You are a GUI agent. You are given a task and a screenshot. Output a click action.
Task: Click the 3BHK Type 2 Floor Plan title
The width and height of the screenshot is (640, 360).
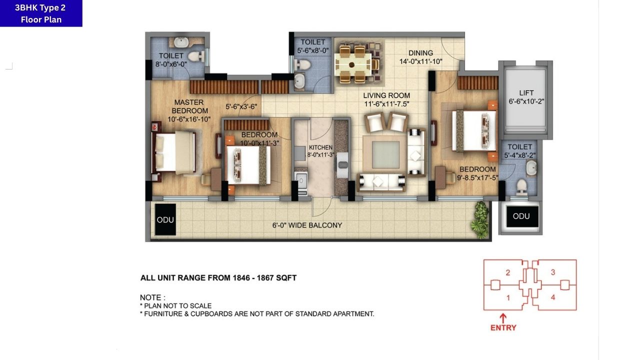click(41, 13)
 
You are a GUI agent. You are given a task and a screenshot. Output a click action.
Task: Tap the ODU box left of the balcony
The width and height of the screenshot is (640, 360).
click(165, 219)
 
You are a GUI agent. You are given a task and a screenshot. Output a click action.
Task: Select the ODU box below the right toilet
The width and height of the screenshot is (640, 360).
click(521, 216)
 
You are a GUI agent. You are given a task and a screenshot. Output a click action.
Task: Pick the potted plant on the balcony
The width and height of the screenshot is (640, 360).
click(480, 220)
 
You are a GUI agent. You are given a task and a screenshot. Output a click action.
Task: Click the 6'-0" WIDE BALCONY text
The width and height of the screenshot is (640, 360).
click(307, 225)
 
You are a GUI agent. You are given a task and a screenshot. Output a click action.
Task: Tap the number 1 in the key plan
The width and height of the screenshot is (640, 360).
click(508, 298)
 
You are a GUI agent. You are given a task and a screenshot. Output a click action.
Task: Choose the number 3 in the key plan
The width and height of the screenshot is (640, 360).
click(552, 272)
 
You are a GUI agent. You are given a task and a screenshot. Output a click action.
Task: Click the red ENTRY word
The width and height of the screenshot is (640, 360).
click(503, 328)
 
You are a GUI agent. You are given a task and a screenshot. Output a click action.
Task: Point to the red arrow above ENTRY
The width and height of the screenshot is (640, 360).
click(503, 317)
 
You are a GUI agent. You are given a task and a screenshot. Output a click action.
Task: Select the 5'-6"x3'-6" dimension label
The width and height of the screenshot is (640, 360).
click(241, 106)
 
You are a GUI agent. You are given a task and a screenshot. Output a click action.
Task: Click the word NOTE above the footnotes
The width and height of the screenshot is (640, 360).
click(152, 297)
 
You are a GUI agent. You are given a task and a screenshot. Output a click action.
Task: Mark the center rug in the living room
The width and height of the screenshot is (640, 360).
click(385, 154)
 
